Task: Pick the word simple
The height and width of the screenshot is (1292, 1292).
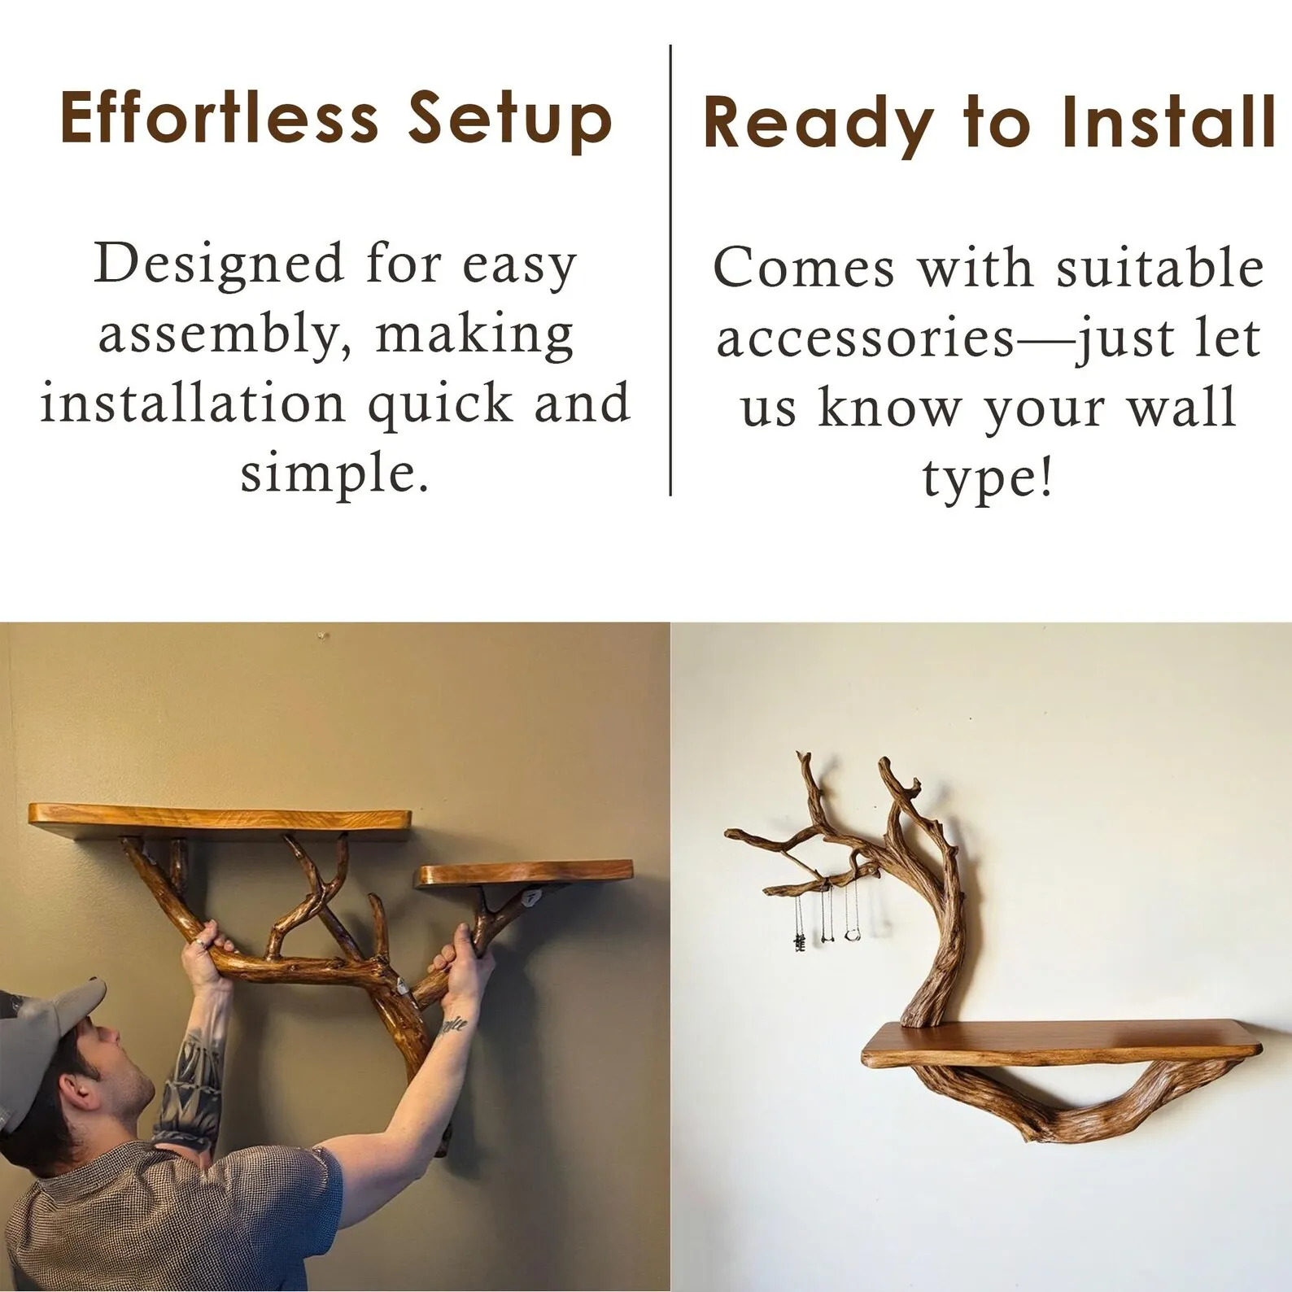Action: [x=334, y=474]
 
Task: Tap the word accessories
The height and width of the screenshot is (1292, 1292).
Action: [x=866, y=339]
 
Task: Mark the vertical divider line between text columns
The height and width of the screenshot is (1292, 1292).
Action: [x=670, y=270]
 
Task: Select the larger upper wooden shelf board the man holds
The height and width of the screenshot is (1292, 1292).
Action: [x=219, y=817]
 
